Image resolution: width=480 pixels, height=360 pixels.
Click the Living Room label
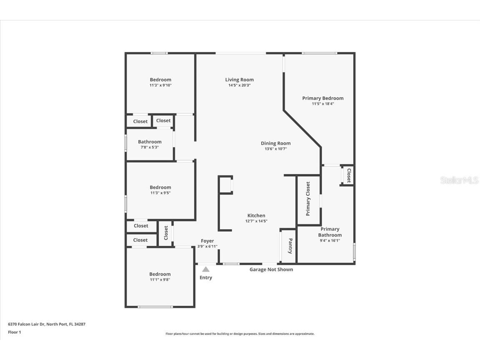[x=239, y=80]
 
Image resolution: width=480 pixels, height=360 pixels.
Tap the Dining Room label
[x=275, y=143]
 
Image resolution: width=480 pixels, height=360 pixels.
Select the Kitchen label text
[x=256, y=215]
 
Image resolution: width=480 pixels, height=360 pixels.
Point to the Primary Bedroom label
[x=323, y=98]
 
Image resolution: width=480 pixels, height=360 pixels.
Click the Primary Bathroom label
[x=330, y=232]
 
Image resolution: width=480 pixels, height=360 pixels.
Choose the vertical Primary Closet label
[x=308, y=199]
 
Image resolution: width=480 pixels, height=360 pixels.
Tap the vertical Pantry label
[x=290, y=246]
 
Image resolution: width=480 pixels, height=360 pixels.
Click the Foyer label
[x=207, y=241]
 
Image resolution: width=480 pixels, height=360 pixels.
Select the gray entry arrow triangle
[x=206, y=269]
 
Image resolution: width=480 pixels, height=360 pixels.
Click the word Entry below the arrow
[x=206, y=277]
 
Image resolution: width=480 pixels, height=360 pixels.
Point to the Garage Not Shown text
[x=271, y=270]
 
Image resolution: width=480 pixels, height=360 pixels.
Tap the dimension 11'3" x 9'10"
[x=160, y=85]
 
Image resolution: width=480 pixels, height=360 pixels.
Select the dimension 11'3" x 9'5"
[x=160, y=193]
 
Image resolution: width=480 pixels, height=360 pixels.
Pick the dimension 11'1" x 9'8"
[x=160, y=280]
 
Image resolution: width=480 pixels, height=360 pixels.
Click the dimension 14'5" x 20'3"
[x=239, y=85]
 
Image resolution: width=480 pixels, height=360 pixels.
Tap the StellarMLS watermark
[x=459, y=180]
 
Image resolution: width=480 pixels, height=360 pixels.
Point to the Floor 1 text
[x=14, y=332]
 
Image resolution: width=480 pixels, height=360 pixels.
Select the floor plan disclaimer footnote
[x=240, y=334]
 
